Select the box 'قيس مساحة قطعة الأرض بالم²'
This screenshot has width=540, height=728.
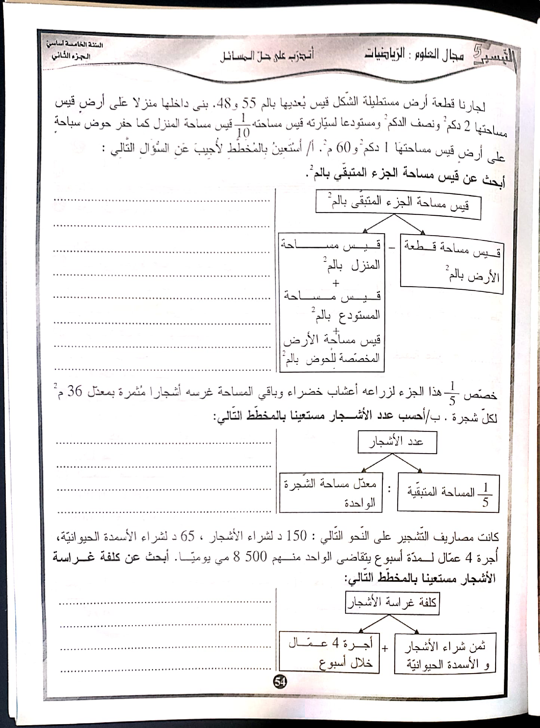pos(451,264)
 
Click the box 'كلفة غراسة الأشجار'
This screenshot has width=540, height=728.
pos(392,603)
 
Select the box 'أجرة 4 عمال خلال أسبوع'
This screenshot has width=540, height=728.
pos(329,653)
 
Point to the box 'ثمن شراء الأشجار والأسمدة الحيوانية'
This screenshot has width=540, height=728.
pos(445,654)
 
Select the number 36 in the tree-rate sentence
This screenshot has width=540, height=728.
pos(75,391)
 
